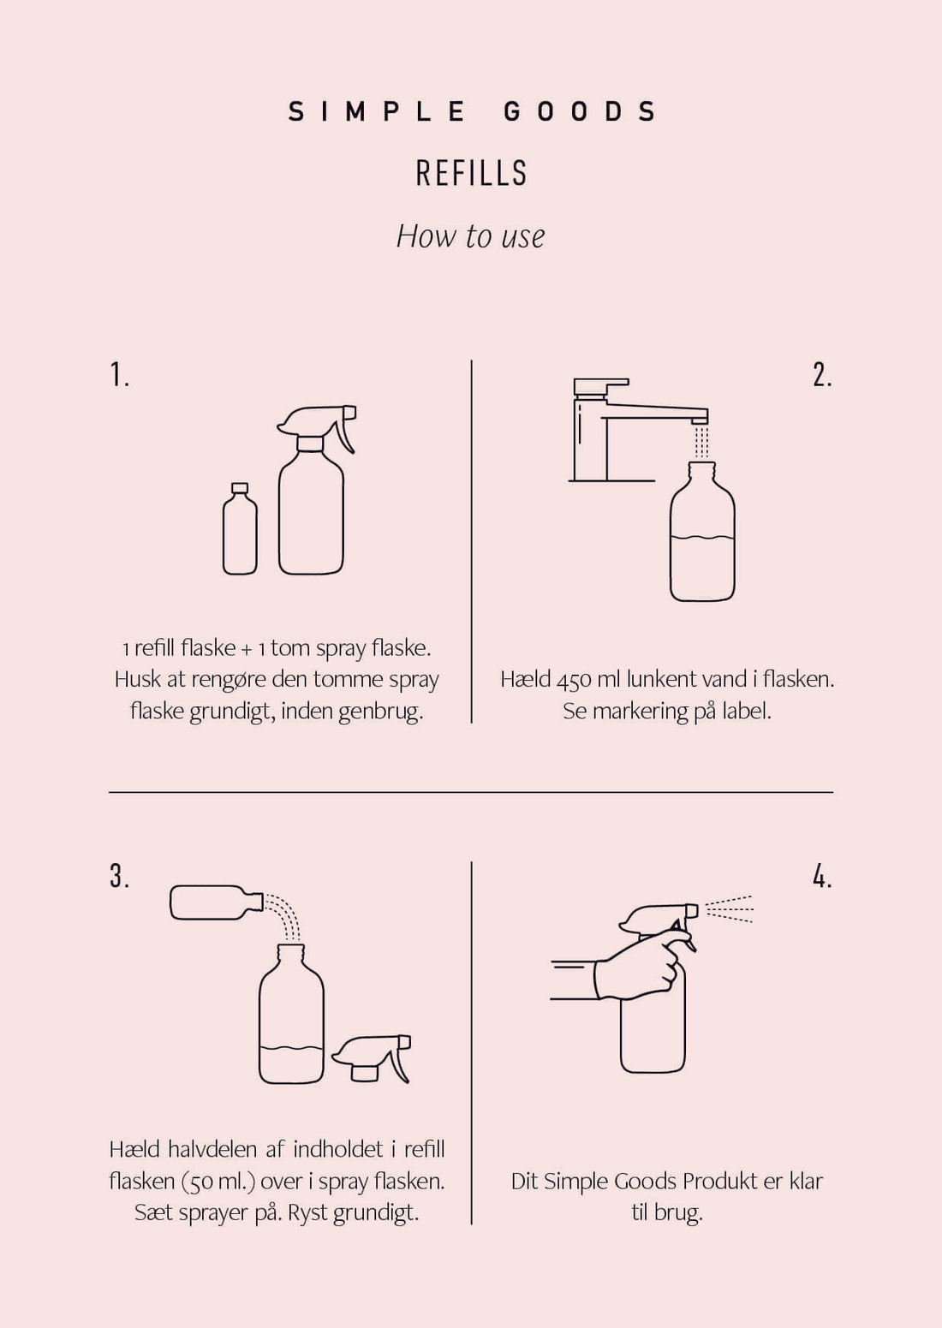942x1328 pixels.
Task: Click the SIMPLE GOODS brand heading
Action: (471, 111)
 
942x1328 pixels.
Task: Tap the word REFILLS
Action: (471, 173)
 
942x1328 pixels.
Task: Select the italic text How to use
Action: (470, 236)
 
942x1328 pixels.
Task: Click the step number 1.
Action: (119, 375)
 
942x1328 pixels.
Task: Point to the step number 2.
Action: (821, 375)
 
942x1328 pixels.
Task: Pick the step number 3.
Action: (119, 877)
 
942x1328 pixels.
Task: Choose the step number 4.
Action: (821, 877)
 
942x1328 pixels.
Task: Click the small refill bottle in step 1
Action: (240, 531)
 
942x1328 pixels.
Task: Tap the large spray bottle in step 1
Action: (312, 505)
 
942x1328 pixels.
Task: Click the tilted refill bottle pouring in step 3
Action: (214, 902)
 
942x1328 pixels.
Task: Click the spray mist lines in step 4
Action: (728, 909)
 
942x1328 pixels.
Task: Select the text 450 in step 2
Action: (574, 681)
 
